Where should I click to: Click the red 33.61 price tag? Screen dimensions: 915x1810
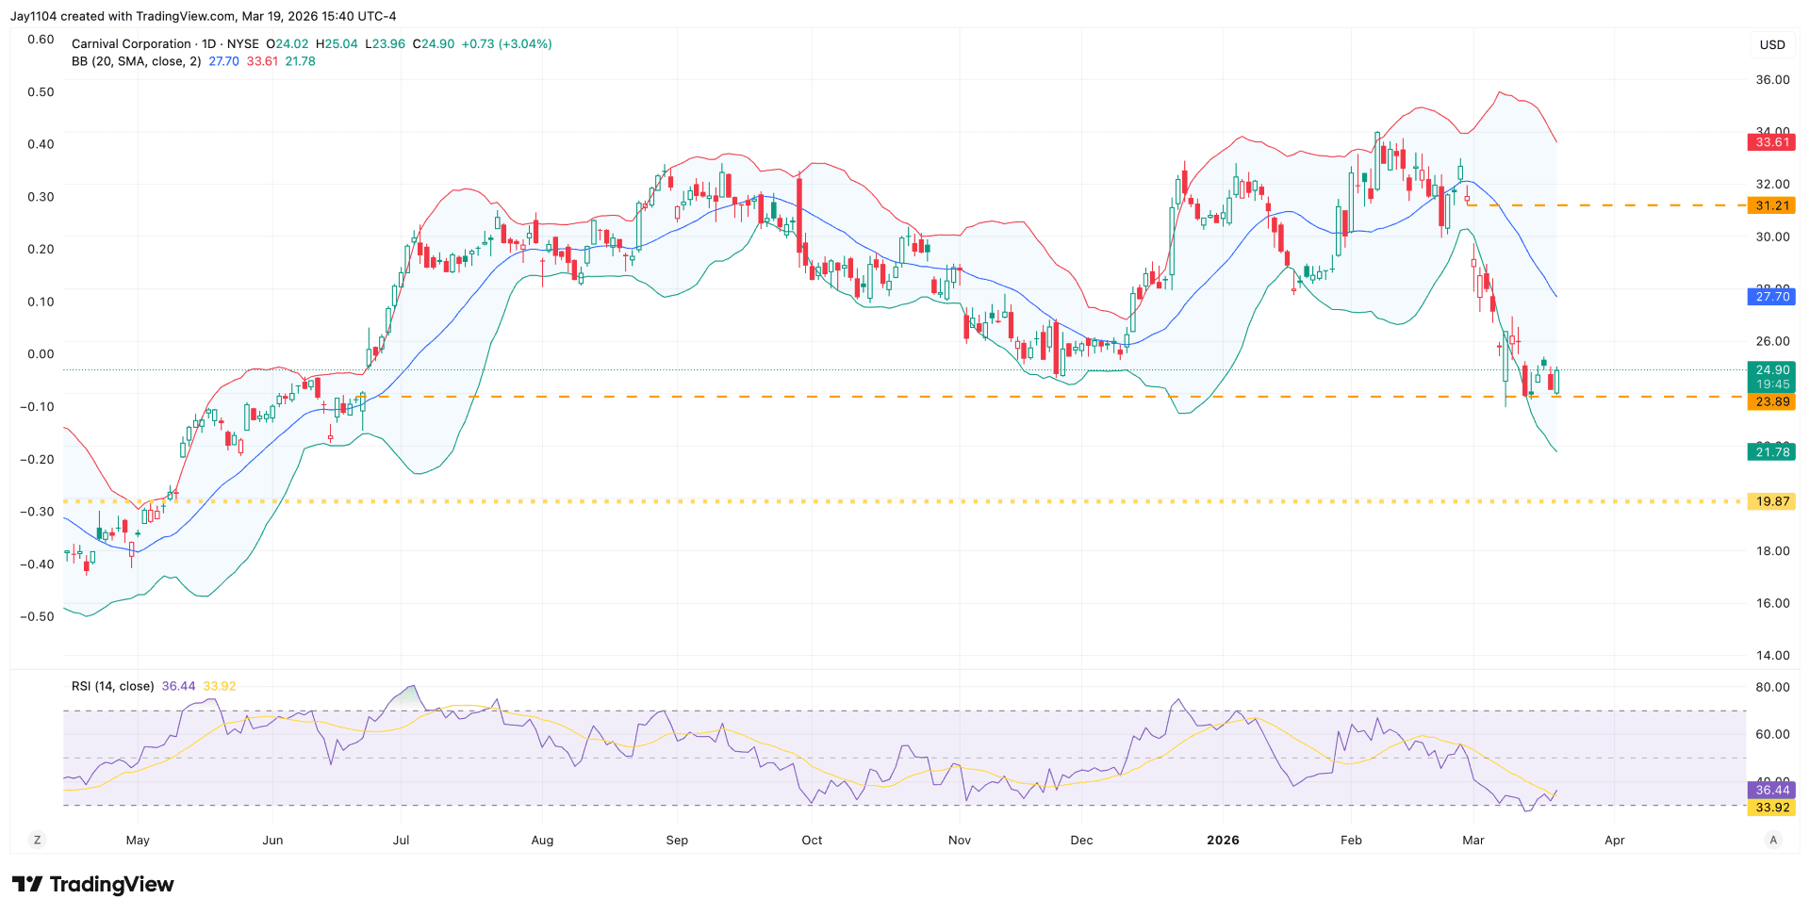click(1771, 142)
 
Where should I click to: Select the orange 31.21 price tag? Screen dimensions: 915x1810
click(1771, 205)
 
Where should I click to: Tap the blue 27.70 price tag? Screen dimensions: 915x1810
click(1771, 297)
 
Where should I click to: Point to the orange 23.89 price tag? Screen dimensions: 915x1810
click(1771, 401)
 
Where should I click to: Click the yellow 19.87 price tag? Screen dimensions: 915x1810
click(1771, 501)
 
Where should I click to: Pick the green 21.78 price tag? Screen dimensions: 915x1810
click(1771, 452)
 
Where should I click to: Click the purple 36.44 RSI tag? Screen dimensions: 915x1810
click(1771, 790)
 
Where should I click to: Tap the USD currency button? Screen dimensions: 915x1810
click(1772, 44)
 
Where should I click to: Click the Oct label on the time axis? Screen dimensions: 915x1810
click(812, 840)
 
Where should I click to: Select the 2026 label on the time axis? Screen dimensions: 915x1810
click(1223, 840)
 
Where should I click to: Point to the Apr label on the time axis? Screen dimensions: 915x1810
click(1614, 840)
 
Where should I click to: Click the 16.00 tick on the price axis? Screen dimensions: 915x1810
click(1772, 603)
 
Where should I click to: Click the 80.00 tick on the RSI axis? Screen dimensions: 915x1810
click(1772, 687)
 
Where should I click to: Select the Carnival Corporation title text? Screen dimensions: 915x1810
click(131, 44)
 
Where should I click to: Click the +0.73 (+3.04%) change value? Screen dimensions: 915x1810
click(506, 44)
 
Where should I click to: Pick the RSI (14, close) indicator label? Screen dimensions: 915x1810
click(112, 686)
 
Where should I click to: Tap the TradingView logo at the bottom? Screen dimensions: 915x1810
click(92, 884)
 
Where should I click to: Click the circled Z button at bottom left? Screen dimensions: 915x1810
click(37, 840)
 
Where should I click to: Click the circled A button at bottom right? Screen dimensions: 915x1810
click(1773, 840)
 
